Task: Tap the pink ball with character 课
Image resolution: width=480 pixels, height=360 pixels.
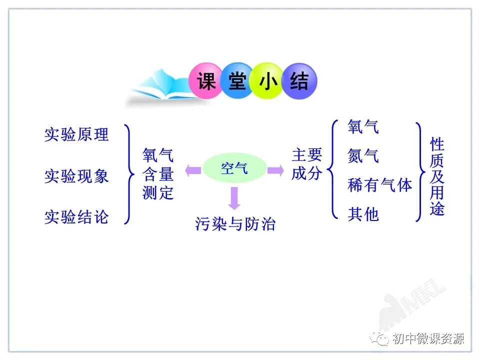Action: point(206,81)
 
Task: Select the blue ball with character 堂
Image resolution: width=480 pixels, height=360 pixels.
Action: point(237,81)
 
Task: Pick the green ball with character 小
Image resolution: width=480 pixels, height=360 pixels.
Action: point(268,81)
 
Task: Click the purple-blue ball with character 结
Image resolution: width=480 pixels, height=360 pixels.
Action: point(299,81)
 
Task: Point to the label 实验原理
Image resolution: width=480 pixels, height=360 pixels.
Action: point(76,134)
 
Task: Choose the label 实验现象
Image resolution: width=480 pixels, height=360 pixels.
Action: point(76,176)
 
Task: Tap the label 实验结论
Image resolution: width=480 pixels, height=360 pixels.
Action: point(76,217)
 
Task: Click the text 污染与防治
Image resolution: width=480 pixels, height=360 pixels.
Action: point(235,223)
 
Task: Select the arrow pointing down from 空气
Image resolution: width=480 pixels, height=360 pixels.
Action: point(234,197)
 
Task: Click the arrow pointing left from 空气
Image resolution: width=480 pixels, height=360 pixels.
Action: point(193,170)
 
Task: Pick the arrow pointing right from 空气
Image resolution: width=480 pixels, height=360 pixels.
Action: point(275,170)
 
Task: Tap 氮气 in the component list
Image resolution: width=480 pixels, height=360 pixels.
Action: point(363,156)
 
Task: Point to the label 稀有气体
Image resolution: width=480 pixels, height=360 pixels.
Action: point(379,185)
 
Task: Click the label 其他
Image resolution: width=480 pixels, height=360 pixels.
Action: point(363,214)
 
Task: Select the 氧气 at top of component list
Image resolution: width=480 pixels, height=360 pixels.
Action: point(363,127)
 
